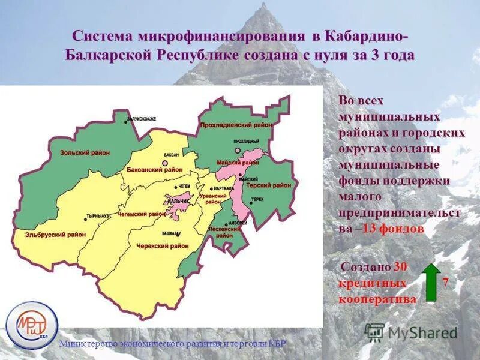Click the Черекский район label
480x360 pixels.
(163, 246)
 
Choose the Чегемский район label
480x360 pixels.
(142, 214)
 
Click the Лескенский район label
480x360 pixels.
(225, 232)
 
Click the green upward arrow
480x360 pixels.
(430, 281)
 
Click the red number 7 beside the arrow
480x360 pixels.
(445, 282)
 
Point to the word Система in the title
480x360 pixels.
(103, 35)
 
